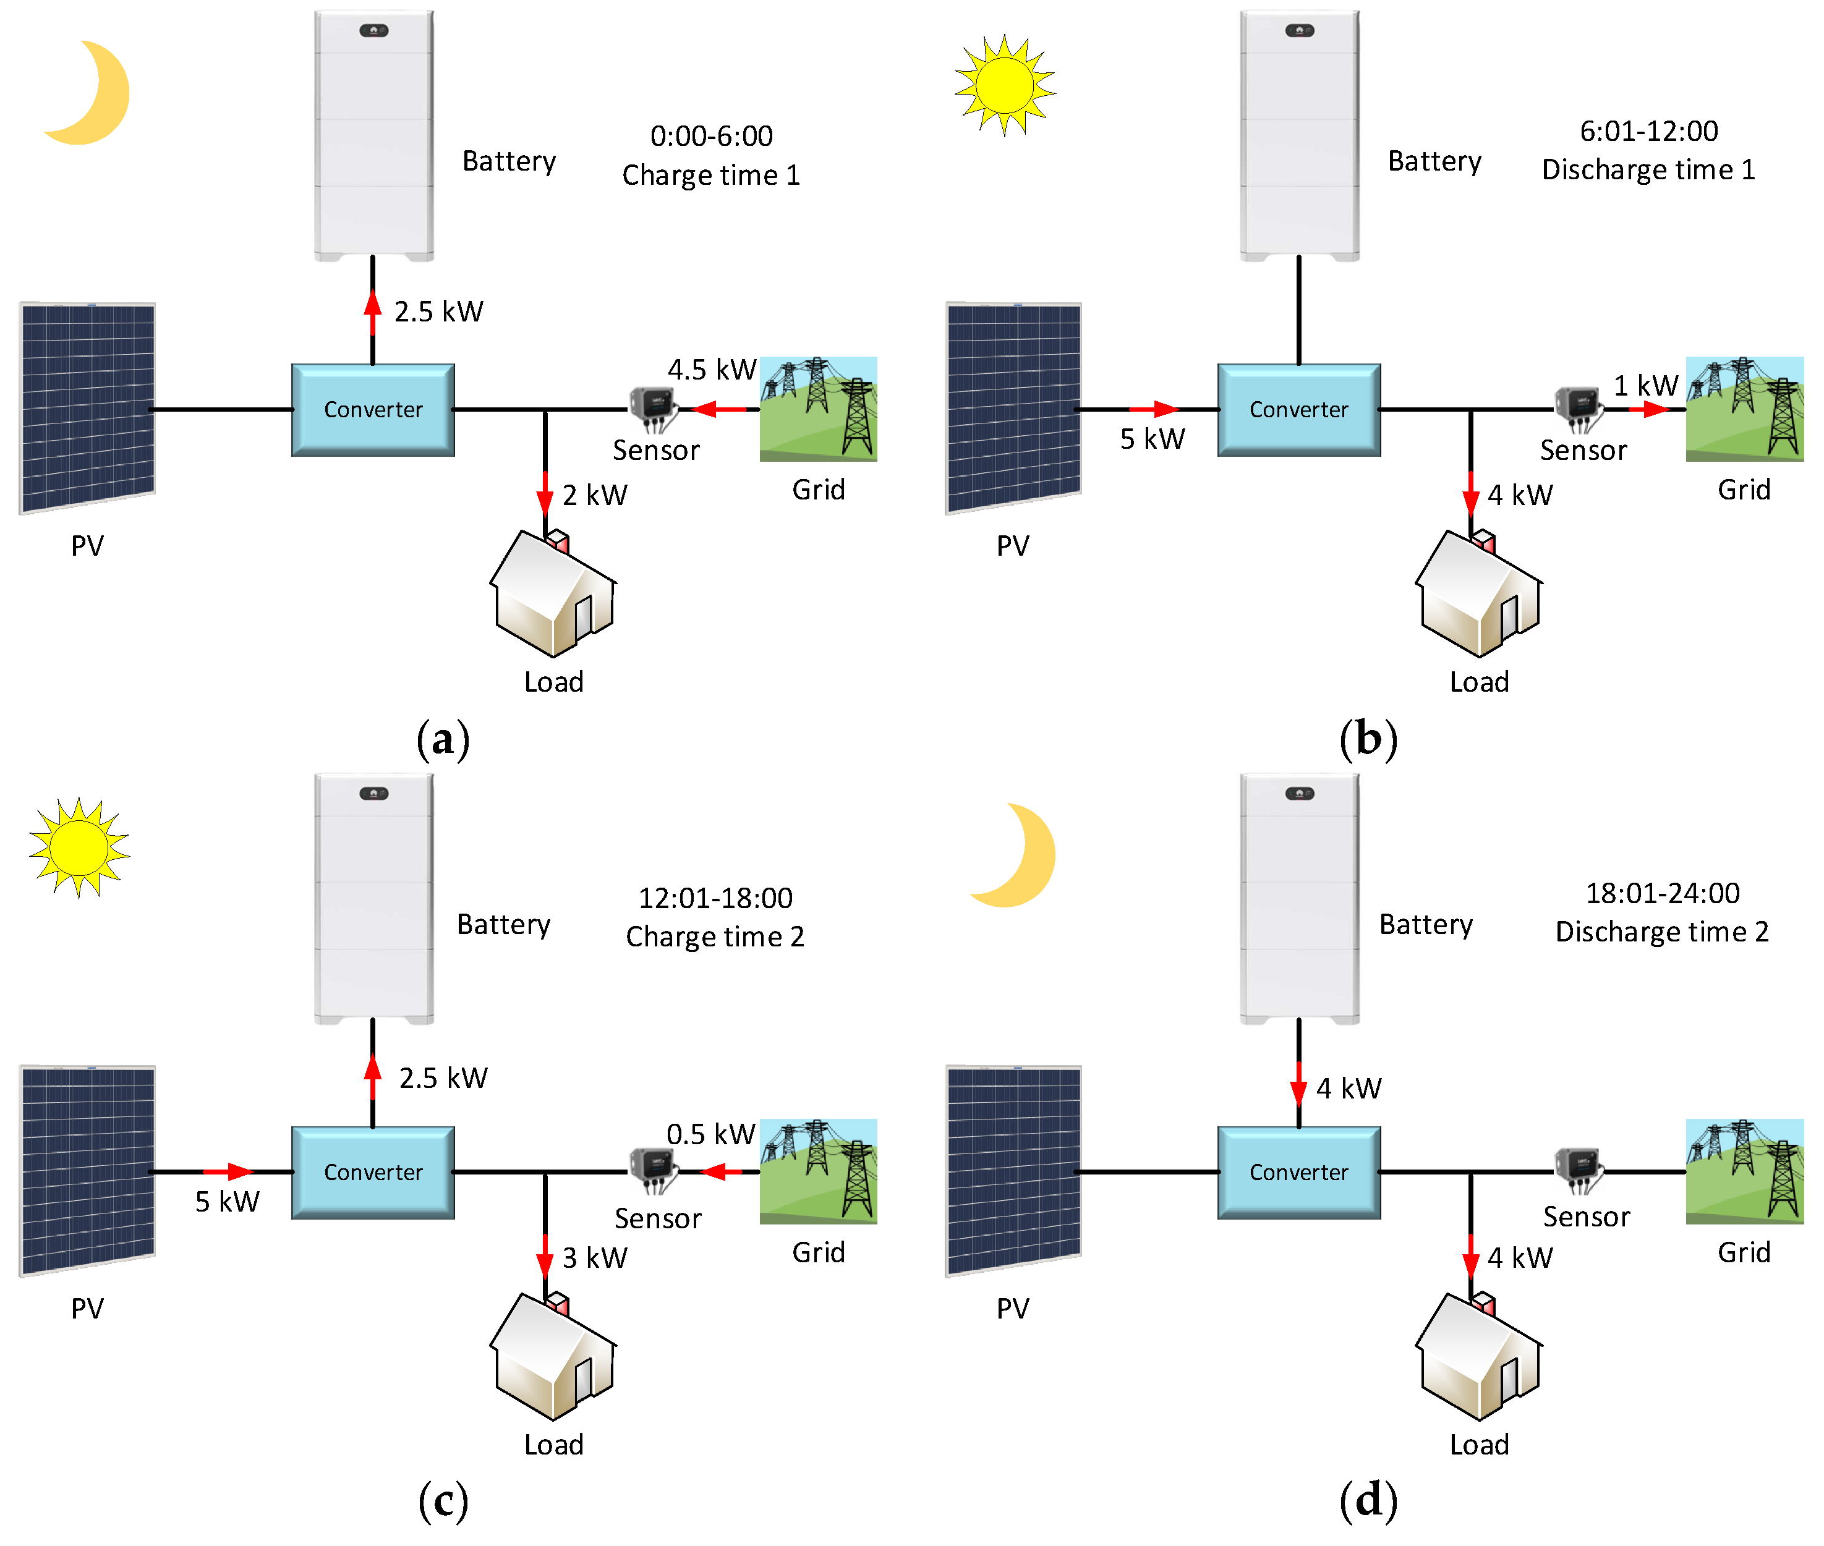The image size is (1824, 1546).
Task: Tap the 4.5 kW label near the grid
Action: [x=711, y=369]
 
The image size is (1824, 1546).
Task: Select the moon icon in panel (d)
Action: [x=1016, y=854]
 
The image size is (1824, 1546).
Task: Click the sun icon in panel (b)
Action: [x=1005, y=85]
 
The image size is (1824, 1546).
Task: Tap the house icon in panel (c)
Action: [x=552, y=1355]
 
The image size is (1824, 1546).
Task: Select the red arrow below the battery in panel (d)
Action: [x=1298, y=1089]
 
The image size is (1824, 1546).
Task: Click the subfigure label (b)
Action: [x=1367, y=739]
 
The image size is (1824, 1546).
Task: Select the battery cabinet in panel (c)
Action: [x=373, y=898]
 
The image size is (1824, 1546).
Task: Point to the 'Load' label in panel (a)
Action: [x=553, y=682]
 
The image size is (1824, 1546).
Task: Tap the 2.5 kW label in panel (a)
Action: [x=438, y=311]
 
